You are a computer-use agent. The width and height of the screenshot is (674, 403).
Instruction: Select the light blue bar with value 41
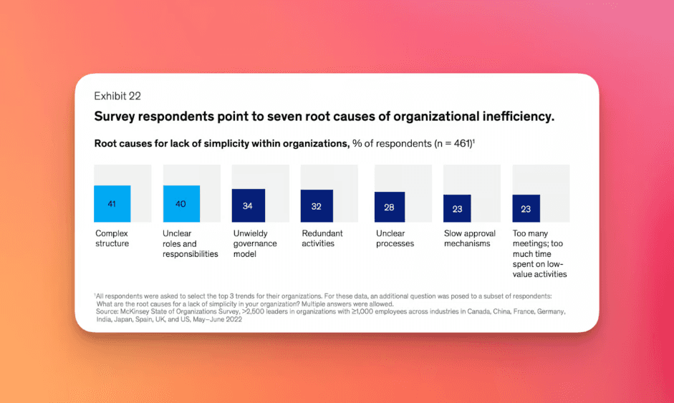[x=112, y=204]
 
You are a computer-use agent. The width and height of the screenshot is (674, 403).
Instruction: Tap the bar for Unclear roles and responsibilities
[x=181, y=204]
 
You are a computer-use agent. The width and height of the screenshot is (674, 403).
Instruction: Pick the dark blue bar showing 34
[x=248, y=205]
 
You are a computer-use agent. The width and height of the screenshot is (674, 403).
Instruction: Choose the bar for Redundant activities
[x=317, y=206]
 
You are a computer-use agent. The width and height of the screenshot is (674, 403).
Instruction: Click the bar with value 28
[x=390, y=207]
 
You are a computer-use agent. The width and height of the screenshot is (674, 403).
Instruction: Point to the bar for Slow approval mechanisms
[x=457, y=208]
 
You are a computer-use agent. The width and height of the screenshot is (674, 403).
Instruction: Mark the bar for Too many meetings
[x=526, y=208]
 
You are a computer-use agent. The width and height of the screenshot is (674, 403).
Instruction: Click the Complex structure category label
[x=112, y=238]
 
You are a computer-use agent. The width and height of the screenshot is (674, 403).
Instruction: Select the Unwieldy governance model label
[x=256, y=243]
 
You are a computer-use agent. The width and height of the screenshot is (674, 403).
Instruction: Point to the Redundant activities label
[x=322, y=238]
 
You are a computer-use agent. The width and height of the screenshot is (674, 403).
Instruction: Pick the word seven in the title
[x=268, y=116]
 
